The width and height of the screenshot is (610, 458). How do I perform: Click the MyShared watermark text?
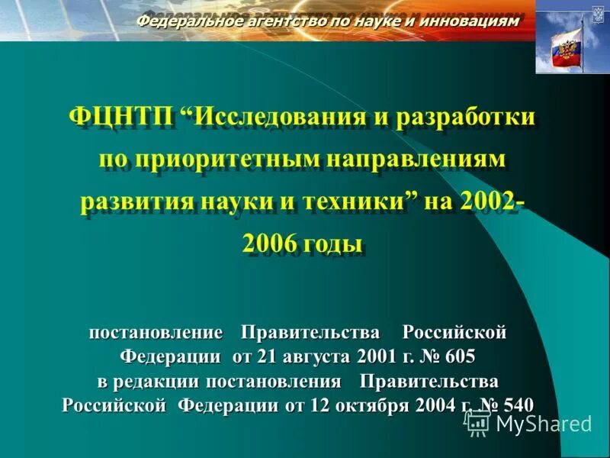tap(543, 424)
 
